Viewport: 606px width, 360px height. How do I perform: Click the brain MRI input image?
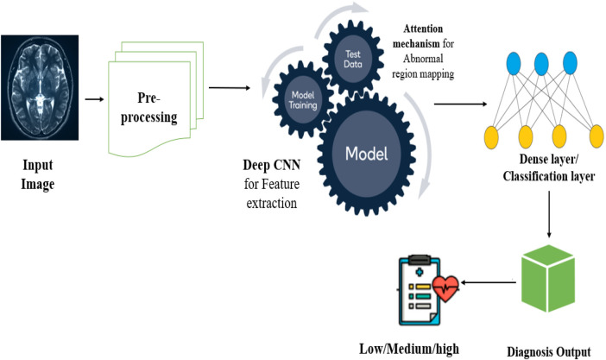40,88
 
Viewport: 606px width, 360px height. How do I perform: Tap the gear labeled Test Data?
353,60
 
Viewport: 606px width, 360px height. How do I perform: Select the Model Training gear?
303,100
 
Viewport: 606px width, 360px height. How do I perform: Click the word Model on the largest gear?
366,154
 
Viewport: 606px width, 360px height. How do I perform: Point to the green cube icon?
548,278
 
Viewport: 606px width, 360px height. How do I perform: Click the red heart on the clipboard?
445,288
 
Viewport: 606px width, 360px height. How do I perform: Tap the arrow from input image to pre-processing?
95,99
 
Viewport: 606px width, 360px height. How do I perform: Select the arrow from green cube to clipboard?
488,282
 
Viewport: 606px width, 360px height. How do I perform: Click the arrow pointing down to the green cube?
549,215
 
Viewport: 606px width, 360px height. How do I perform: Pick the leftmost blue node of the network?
514,63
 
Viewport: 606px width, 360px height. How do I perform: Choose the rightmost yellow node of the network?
597,136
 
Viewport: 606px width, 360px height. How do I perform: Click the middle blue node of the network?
541,63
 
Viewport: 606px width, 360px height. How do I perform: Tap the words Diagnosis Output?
549,352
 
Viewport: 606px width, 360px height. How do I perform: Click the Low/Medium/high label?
409,349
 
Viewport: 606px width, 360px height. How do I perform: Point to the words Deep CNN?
272,165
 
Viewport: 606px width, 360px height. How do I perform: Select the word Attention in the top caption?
423,29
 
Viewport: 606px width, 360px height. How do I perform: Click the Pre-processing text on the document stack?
148,108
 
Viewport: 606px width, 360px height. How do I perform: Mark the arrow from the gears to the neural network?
460,104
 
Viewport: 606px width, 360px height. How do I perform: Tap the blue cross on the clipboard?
420,273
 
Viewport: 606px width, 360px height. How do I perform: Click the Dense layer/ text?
549,160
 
